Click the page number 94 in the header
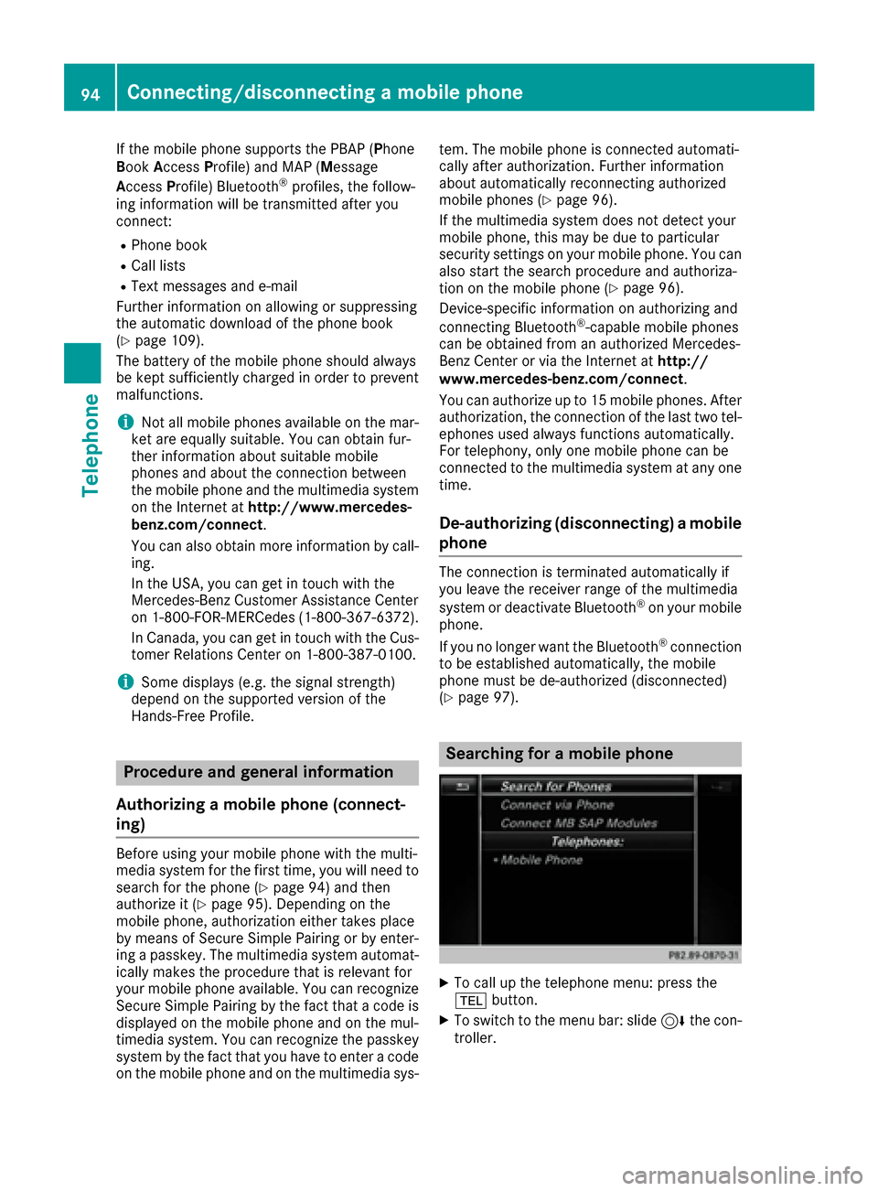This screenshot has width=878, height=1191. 90,93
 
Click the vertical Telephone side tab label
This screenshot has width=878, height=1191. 91,445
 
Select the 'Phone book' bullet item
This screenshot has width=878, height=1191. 169,245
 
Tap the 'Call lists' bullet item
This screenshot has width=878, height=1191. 158,265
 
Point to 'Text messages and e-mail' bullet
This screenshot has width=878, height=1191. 214,286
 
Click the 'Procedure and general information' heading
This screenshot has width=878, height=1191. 259,772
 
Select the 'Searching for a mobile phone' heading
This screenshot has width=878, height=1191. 559,754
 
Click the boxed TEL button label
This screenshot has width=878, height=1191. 471,1001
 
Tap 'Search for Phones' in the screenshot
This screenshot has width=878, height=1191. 556,787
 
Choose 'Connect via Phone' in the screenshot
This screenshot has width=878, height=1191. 557,805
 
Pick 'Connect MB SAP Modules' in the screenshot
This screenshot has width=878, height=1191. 578,823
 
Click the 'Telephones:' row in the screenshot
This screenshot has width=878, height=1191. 587,842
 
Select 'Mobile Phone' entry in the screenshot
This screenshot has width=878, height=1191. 541,860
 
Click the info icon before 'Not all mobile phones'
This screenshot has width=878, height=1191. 124,422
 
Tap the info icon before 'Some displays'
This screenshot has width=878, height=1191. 124,681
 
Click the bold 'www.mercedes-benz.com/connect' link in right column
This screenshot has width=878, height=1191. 561,379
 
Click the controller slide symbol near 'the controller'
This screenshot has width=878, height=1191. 673,1021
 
